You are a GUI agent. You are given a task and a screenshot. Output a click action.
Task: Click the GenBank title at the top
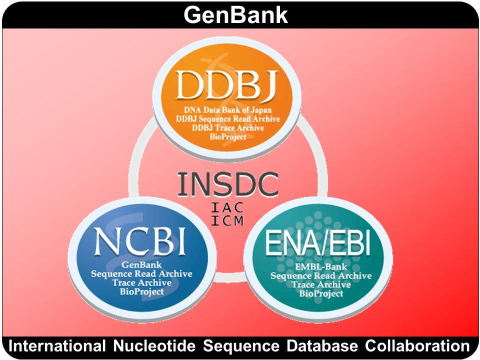tap(236, 15)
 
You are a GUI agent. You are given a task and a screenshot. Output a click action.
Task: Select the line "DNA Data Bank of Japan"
tap(226, 110)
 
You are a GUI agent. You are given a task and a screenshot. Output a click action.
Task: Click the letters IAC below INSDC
tap(227, 206)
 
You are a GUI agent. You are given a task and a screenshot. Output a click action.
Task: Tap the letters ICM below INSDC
tap(227, 220)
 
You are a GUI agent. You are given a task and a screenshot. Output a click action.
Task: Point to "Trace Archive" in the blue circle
tap(141, 282)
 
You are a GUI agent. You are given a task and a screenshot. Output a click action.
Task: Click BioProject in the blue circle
tap(141, 291)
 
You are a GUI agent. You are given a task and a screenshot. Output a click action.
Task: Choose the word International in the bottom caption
tap(57, 346)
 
